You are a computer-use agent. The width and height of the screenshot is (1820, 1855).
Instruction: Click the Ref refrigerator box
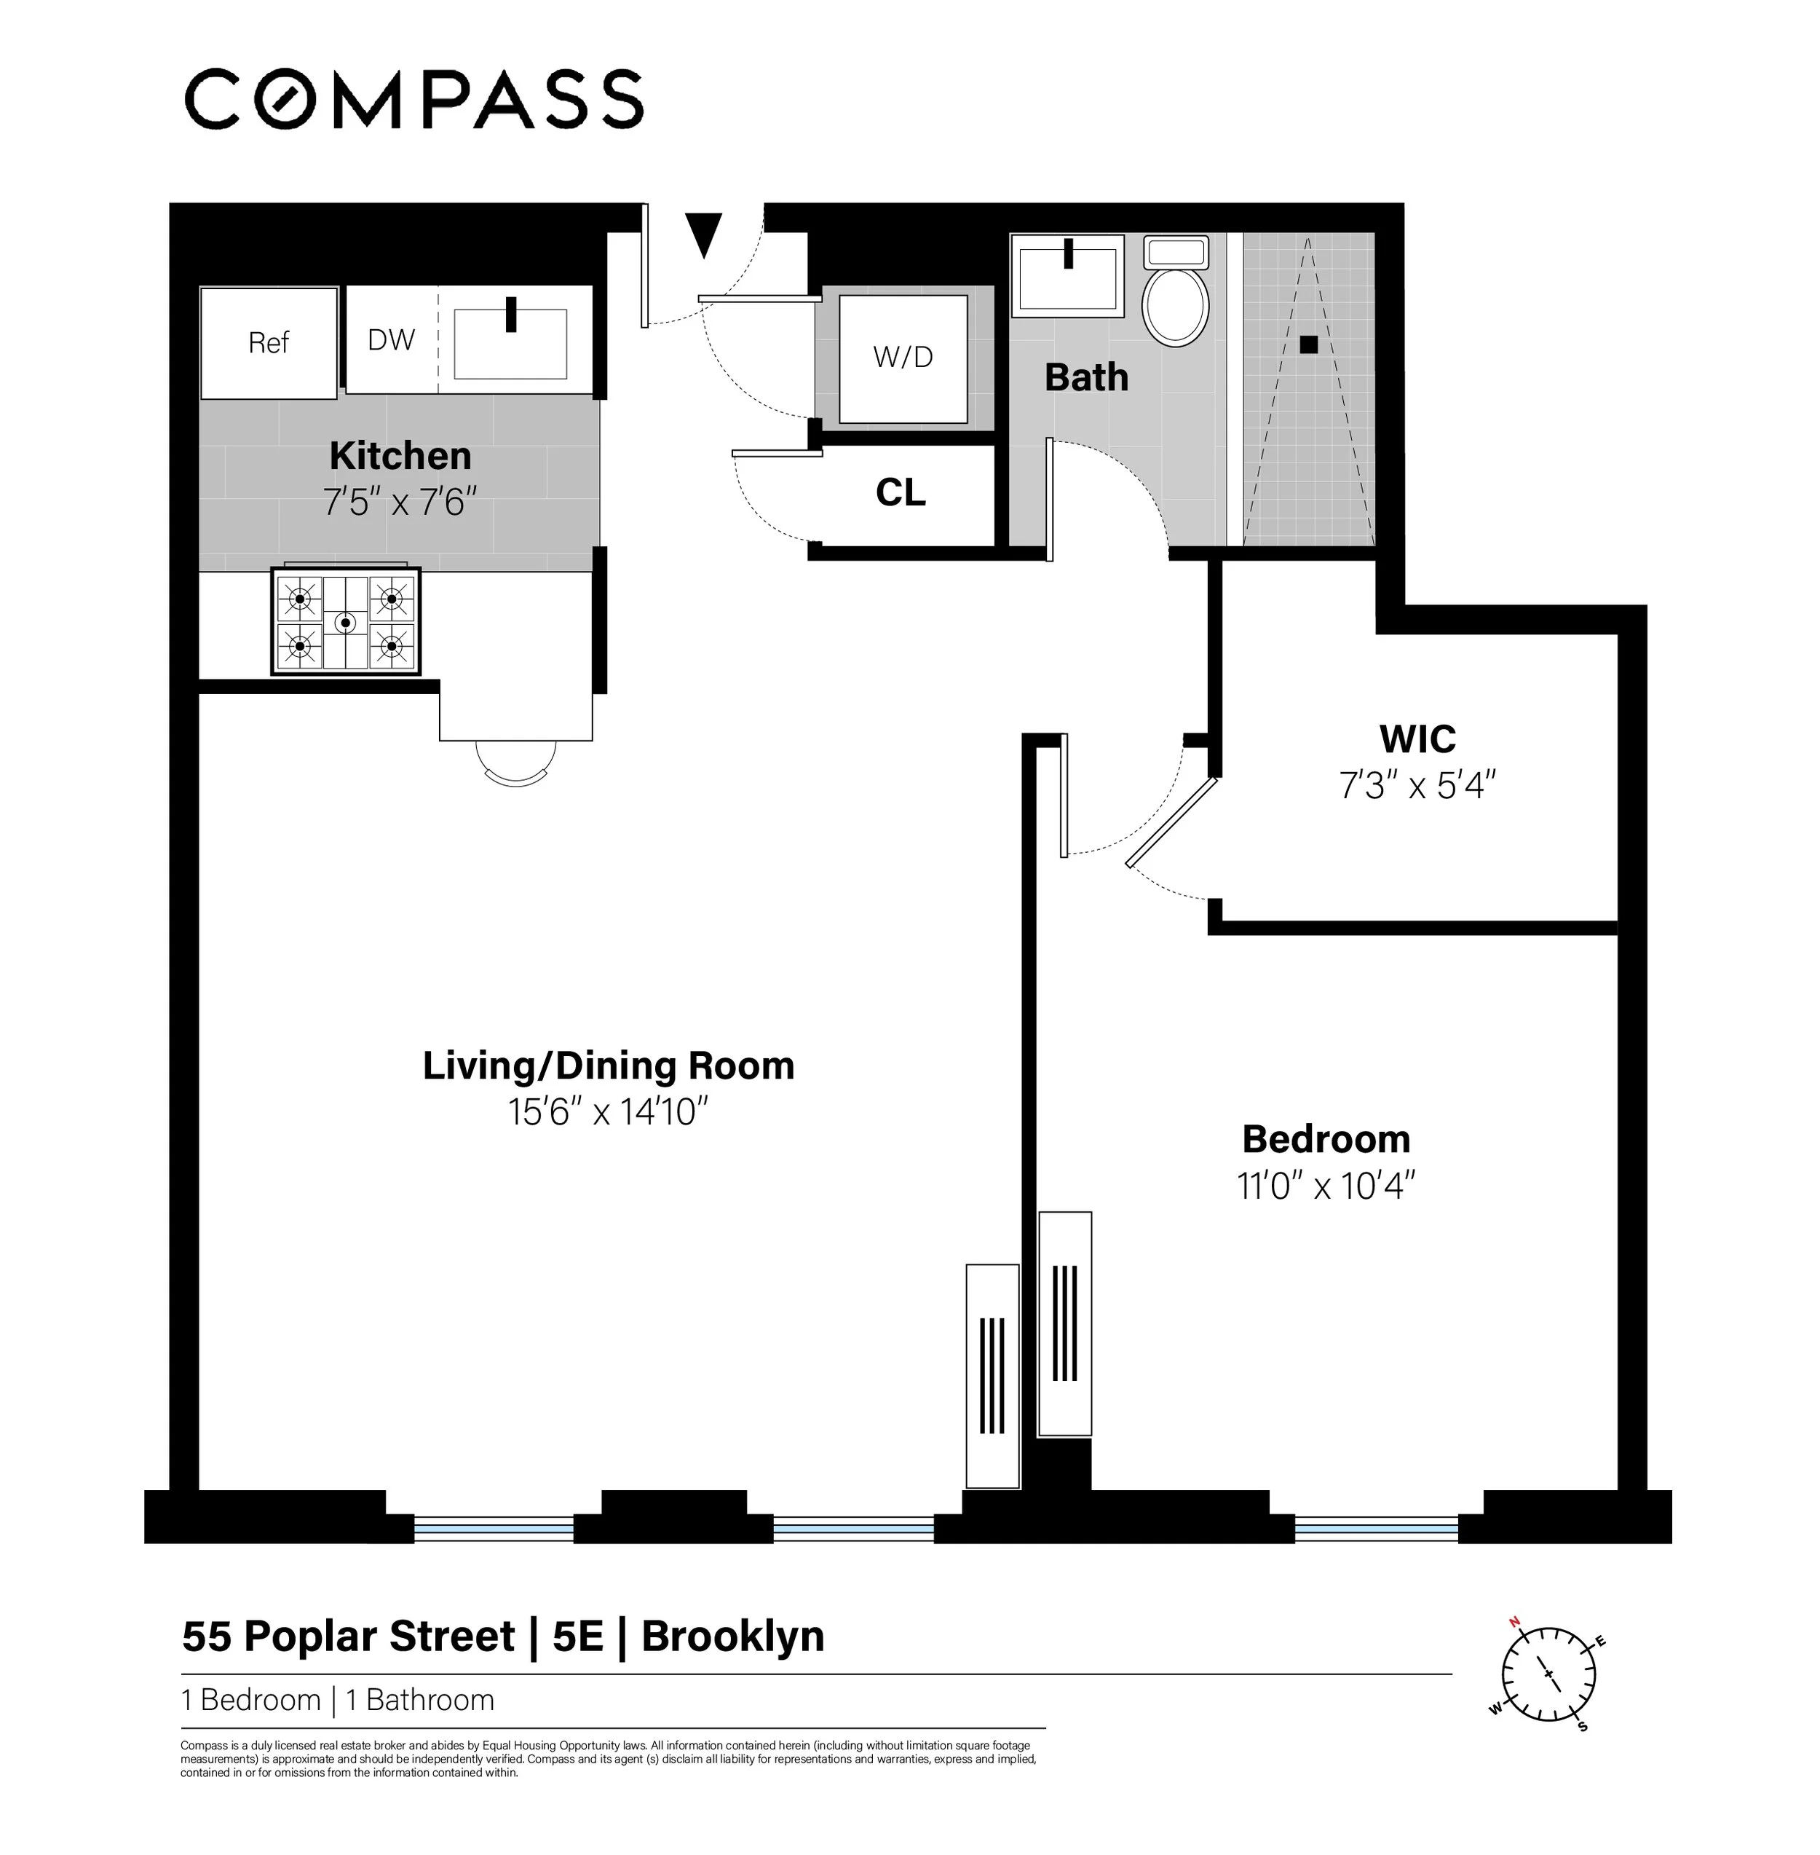pyautogui.click(x=269, y=342)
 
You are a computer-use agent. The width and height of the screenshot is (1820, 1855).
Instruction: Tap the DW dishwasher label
pyautogui.click(x=391, y=339)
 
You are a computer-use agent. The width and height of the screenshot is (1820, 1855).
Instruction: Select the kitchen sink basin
pyautogui.click(x=510, y=343)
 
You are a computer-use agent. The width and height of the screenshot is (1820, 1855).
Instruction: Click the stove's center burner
pyautogui.click(x=345, y=623)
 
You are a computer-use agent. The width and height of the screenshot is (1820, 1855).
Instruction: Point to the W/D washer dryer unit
pyautogui.click(x=902, y=358)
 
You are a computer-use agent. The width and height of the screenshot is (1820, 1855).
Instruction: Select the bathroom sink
pyautogui.click(x=1068, y=277)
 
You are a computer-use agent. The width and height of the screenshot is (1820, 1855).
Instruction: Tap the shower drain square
pyautogui.click(x=1309, y=344)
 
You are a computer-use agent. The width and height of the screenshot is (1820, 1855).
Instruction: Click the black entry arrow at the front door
pyautogui.click(x=705, y=235)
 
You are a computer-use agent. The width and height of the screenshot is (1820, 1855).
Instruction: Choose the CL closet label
pyautogui.click(x=901, y=492)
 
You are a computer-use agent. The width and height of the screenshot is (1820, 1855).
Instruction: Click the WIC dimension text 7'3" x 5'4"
pyautogui.click(x=1417, y=786)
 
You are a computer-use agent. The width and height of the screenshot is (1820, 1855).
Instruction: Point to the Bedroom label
pyautogui.click(x=1326, y=1139)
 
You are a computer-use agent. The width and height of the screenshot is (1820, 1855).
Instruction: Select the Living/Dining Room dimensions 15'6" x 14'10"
pyautogui.click(x=608, y=1112)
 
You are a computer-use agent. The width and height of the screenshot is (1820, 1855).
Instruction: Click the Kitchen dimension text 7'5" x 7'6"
pyautogui.click(x=400, y=502)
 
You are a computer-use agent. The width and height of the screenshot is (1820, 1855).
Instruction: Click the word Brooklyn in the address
pyautogui.click(x=732, y=1636)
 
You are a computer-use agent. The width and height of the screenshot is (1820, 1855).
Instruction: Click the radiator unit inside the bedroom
pyautogui.click(x=1065, y=1323)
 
